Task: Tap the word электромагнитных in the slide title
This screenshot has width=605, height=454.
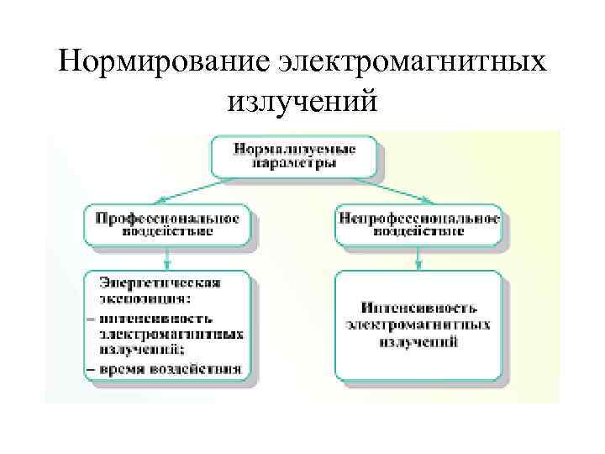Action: tap(412, 62)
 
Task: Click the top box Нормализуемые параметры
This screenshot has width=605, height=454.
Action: tap(293, 156)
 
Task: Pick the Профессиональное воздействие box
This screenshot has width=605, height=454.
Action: tap(166, 224)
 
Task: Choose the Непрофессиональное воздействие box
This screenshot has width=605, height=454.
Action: tap(418, 224)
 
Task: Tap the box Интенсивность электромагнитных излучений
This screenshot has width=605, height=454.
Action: tap(418, 325)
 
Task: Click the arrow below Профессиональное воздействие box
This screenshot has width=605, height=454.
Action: tap(166, 259)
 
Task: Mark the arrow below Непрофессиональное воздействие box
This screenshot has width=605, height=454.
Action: tap(418, 259)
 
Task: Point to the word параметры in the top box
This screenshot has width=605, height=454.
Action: tap(294, 164)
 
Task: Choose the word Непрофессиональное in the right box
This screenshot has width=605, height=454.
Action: tap(418, 217)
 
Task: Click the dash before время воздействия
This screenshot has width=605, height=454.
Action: tap(90, 368)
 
